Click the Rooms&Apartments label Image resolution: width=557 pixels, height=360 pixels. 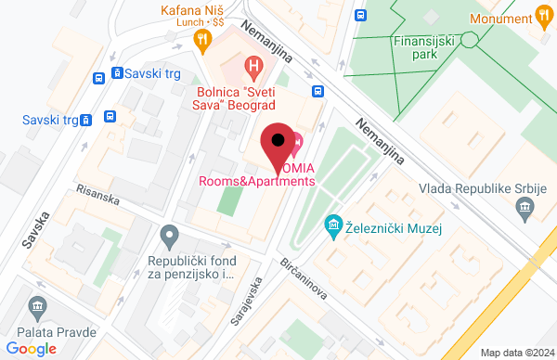pos(256,181)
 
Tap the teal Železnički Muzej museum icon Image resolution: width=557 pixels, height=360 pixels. pos(331,225)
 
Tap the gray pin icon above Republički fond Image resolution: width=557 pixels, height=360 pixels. pos(169,237)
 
